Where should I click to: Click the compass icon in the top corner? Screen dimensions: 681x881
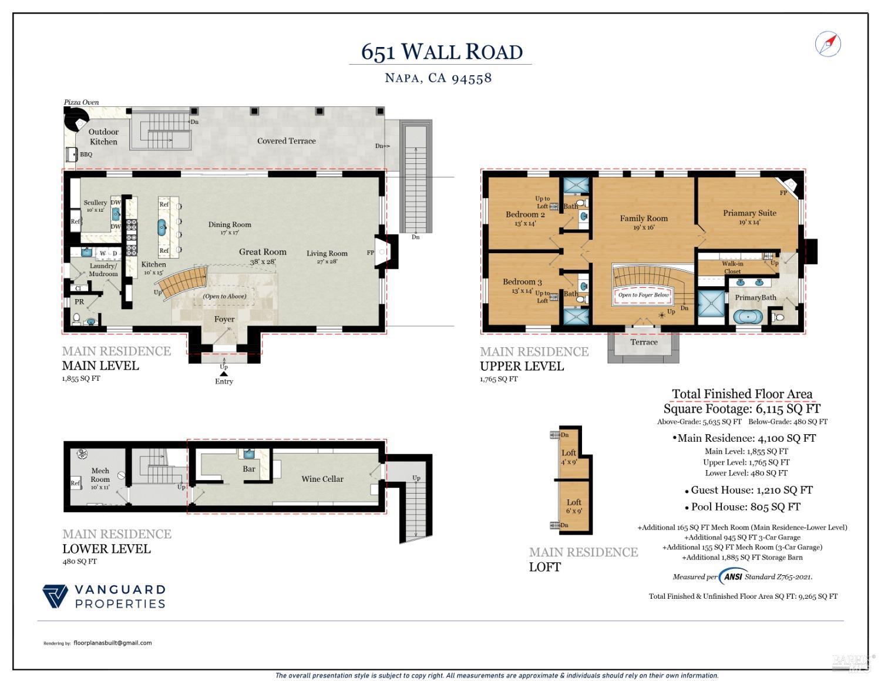[x=828, y=44]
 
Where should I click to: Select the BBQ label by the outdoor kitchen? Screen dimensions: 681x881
[x=86, y=155]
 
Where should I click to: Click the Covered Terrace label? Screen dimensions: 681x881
[x=286, y=141]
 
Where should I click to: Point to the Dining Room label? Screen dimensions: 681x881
[x=230, y=224]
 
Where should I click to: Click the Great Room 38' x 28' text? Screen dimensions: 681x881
[x=263, y=256]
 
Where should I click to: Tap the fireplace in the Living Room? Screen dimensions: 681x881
[x=382, y=253]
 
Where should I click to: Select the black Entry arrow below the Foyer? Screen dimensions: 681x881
[x=224, y=374]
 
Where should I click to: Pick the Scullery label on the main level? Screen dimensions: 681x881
[x=95, y=203]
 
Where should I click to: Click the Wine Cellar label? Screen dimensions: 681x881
[x=322, y=479]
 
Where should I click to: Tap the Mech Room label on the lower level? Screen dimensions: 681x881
[x=100, y=475]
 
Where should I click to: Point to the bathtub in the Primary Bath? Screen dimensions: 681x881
[x=747, y=317]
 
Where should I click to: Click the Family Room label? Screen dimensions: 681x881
[x=644, y=219]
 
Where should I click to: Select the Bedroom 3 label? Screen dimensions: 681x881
[x=522, y=282]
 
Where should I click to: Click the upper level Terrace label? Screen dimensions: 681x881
[x=644, y=342]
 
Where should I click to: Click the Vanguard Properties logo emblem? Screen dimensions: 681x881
[x=55, y=596]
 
